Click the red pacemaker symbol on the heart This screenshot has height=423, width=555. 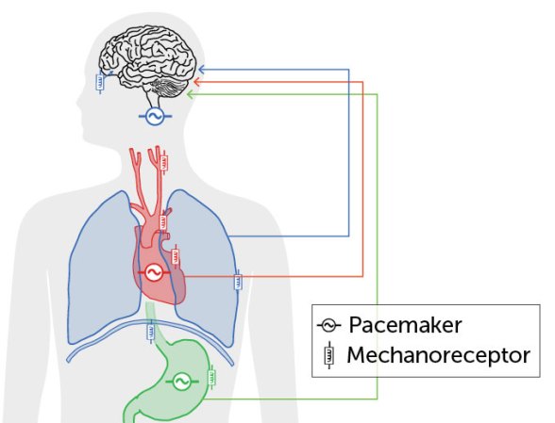pyautogui.click(x=152, y=272)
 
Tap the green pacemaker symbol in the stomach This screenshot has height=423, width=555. pyautogui.click(x=180, y=382)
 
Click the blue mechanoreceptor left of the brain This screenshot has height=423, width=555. pyautogui.click(x=102, y=82)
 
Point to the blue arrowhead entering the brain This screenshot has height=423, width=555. pyautogui.click(x=200, y=69)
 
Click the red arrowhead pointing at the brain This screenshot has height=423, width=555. pyautogui.click(x=197, y=82)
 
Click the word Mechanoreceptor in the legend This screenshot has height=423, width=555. pyautogui.click(x=437, y=356)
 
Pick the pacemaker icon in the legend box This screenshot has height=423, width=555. pyautogui.click(x=328, y=326)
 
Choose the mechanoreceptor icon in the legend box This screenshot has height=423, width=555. pyautogui.click(x=328, y=356)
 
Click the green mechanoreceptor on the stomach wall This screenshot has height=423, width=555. pyautogui.click(x=214, y=379)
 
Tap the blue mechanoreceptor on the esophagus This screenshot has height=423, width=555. pyautogui.click(x=150, y=331)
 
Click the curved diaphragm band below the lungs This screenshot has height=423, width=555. pyautogui.click(x=151, y=349)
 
